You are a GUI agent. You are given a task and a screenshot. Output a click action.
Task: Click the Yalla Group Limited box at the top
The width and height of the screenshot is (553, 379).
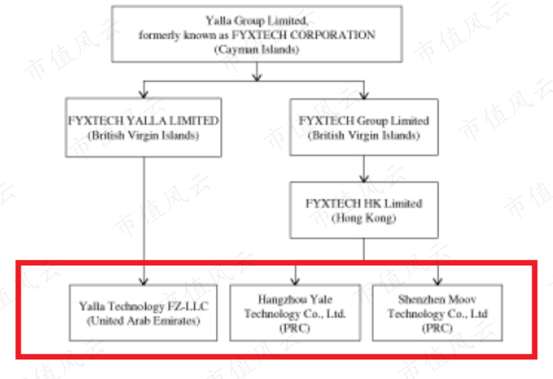[257, 35]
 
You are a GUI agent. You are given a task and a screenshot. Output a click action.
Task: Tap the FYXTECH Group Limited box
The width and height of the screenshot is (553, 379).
[362, 128]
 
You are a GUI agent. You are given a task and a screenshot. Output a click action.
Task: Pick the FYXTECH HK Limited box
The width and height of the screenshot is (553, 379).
[364, 211]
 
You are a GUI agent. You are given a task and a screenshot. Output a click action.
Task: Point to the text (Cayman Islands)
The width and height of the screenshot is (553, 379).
[257, 50]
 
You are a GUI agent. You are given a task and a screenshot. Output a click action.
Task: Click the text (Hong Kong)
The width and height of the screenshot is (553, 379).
[364, 219]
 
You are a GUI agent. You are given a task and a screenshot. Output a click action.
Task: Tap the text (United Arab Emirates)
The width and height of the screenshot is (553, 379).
[143, 321]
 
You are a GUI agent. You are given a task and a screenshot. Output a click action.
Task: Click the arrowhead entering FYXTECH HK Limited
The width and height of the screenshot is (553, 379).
[364, 178]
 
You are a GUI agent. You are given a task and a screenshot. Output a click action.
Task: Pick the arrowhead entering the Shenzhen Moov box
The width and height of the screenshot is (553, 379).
[437, 281]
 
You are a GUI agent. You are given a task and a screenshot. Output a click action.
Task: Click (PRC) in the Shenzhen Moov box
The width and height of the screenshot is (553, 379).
[437, 329]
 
